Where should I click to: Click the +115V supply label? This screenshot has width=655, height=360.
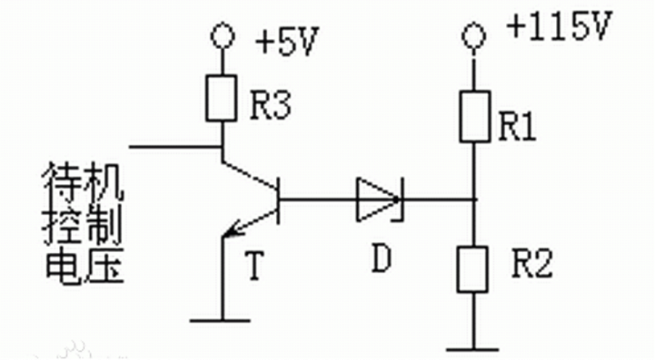pyautogui.click(x=559, y=29)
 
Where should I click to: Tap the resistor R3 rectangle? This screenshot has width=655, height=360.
pyautogui.click(x=223, y=97)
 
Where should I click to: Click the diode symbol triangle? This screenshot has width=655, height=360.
pyautogui.click(x=376, y=199)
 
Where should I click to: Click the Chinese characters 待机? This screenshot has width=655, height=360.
pyautogui.click(x=83, y=188)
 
